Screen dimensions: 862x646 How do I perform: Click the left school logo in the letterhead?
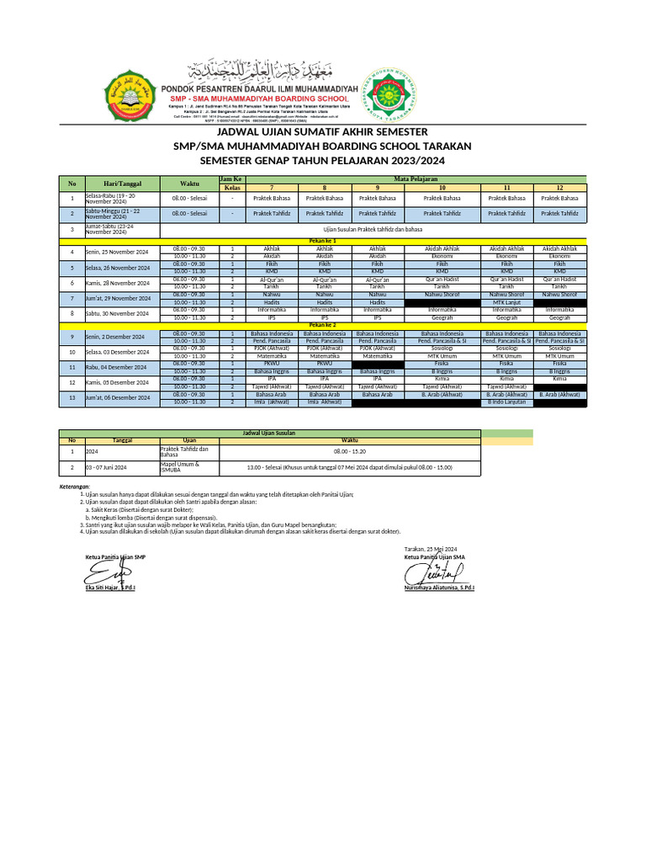tap(127, 95)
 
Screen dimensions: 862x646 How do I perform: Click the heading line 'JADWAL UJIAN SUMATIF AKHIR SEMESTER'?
tap(323, 132)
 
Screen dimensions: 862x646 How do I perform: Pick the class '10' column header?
tap(442, 187)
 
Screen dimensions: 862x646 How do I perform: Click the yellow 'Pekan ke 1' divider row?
tap(322, 241)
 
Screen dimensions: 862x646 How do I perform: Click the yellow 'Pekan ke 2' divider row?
tap(322, 324)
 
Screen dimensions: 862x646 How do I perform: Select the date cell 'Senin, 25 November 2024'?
tap(118, 253)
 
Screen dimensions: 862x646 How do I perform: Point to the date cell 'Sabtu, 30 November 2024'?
tap(118, 313)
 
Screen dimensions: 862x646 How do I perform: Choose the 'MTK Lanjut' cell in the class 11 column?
tap(506, 301)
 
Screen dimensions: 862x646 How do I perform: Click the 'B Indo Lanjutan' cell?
tap(506, 402)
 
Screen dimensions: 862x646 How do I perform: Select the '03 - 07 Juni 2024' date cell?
tap(107, 466)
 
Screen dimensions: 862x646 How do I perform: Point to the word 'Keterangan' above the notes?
tap(74, 488)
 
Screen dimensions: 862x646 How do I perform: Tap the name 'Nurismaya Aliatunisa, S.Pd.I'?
tap(439, 588)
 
